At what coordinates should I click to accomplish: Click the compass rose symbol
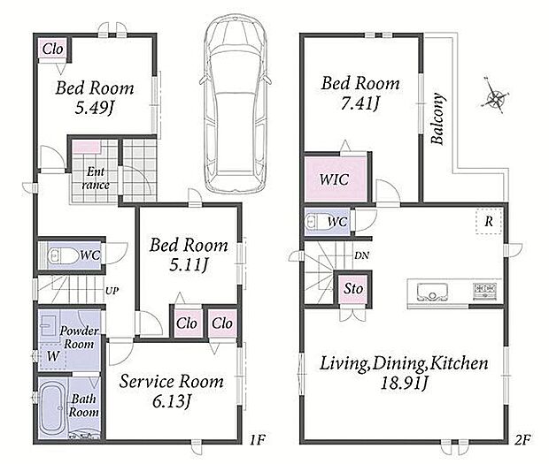tap(494, 95)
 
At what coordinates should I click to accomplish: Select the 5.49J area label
tap(95, 109)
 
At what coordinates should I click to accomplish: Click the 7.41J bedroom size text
tap(360, 103)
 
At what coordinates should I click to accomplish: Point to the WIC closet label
tap(334, 179)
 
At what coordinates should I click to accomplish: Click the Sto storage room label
tap(353, 289)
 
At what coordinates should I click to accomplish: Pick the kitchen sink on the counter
tap(432, 292)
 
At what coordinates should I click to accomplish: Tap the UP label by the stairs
tap(112, 291)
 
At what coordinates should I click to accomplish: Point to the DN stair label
tap(361, 255)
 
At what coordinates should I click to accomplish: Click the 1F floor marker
tap(258, 439)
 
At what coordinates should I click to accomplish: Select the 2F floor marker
tap(522, 439)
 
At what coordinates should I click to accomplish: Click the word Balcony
tap(437, 118)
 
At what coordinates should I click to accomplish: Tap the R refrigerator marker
tap(489, 221)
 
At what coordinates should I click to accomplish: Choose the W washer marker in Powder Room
tap(53, 356)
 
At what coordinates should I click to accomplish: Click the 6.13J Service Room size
tap(172, 401)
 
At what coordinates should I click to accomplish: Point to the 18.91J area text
tap(404, 384)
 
